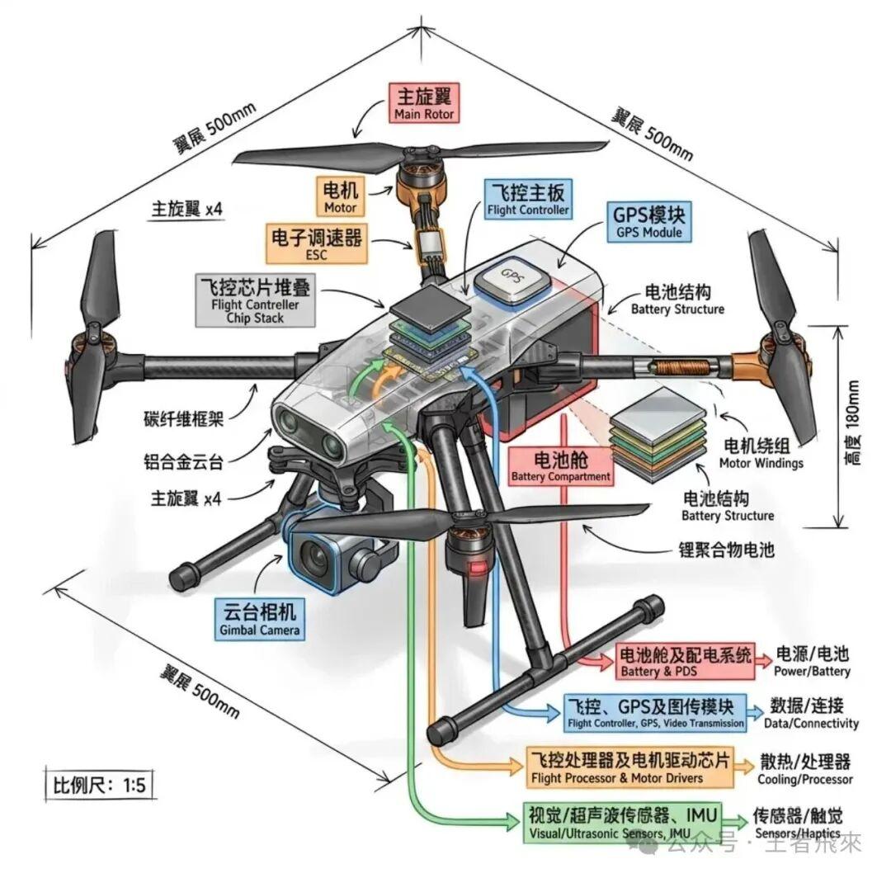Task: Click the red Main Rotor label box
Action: tap(424, 102)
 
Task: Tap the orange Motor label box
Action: tap(340, 196)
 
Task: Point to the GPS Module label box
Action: tap(649, 220)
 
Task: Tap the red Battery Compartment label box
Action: tap(561, 466)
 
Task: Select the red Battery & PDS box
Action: tap(686, 662)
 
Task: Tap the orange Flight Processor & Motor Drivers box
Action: tap(629, 767)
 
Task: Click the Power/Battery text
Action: tap(812, 662)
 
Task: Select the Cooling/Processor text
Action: tap(804, 768)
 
